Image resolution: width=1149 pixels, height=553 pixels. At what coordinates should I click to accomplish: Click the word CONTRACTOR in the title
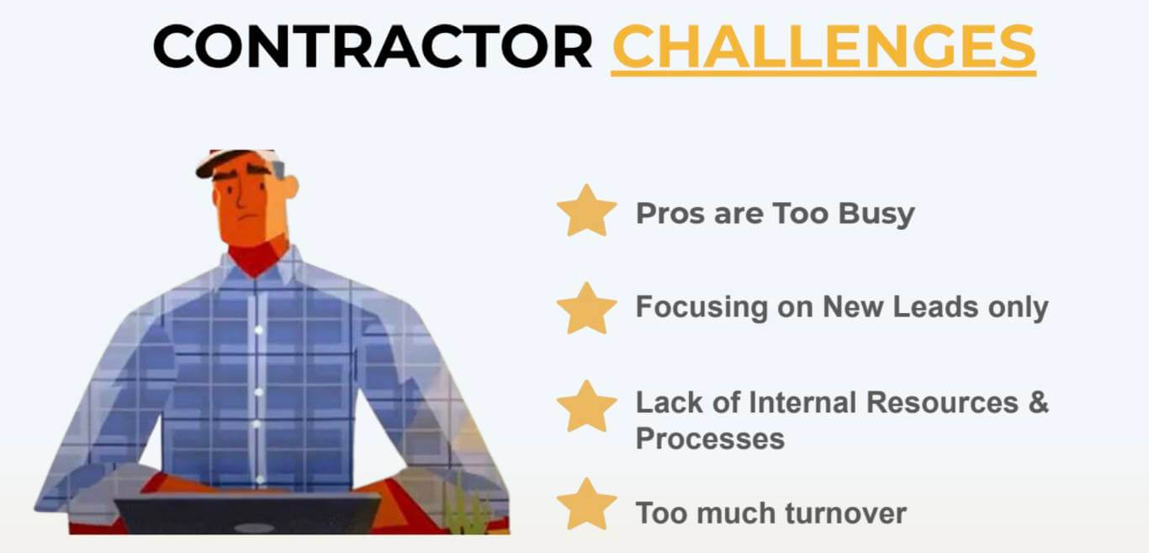click(x=373, y=46)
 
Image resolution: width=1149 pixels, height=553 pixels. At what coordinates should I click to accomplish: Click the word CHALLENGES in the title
click(x=823, y=47)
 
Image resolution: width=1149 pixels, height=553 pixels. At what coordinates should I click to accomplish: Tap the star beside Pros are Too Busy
click(x=587, y=210)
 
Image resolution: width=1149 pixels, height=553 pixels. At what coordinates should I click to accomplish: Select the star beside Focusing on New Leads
click(x=587, y=308)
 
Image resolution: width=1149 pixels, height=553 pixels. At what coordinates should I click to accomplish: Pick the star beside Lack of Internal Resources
click(x=587, y=407)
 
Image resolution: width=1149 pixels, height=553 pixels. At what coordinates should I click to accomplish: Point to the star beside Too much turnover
click(x=587, y=503)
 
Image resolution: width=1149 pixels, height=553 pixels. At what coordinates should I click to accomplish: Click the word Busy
click(x=876, y=215)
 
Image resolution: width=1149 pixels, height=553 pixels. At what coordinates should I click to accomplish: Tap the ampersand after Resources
click(x=1038, y=402)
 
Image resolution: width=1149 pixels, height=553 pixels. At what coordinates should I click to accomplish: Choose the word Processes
click(x=710, y=439)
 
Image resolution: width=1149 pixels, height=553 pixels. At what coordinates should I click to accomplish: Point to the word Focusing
click(x=702, y=308)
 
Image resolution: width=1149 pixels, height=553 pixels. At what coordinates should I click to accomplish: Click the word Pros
click(x=670, y=214)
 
